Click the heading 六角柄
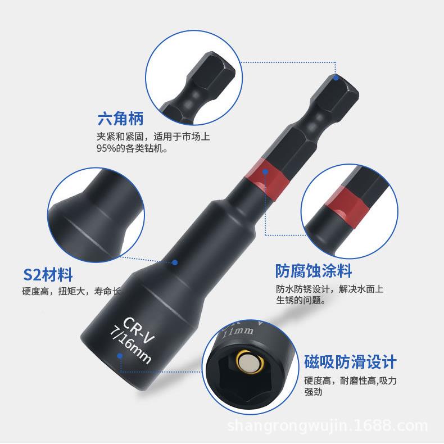121,119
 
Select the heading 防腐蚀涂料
314,271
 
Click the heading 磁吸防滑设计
350,361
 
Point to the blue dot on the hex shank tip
336,78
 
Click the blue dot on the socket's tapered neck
175,262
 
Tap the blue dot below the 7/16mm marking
119,355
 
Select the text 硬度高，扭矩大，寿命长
71,291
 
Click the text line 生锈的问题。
301,300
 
